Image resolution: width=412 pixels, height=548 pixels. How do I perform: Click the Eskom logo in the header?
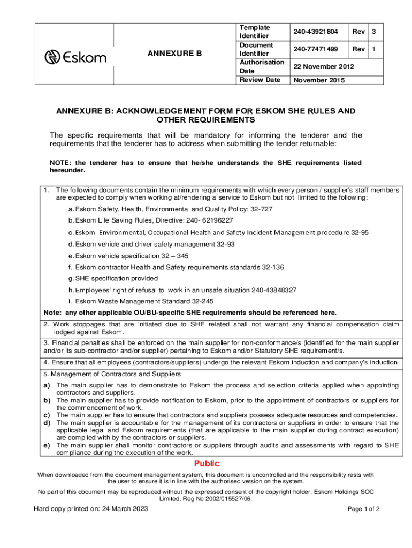coord(75,57)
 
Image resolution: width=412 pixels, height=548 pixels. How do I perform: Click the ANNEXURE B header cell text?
coord(176,54)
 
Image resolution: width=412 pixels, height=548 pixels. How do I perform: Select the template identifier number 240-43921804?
coord(316,32)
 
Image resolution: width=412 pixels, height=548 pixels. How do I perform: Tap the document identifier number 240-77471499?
coord(316,49)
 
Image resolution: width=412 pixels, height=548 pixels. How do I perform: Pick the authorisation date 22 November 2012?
coord(323,66)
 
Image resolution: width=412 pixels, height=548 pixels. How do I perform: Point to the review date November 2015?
coord(319,80)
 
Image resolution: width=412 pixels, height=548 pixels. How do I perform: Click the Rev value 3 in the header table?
coord(374,32)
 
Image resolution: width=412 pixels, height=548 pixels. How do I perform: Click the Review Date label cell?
coord(260,80)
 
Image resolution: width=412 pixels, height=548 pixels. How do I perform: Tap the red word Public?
coord(207,463)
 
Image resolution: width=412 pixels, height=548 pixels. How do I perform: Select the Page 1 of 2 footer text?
coord(363,509)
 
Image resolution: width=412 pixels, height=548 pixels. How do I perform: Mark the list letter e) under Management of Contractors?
coord(47,445)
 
